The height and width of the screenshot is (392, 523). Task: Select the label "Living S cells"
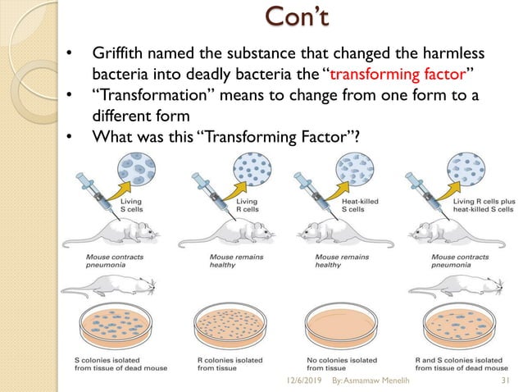pyautogui.click(x=134, y=205)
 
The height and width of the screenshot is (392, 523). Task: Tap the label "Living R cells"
pyautogui.click(x=246, y=205)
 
